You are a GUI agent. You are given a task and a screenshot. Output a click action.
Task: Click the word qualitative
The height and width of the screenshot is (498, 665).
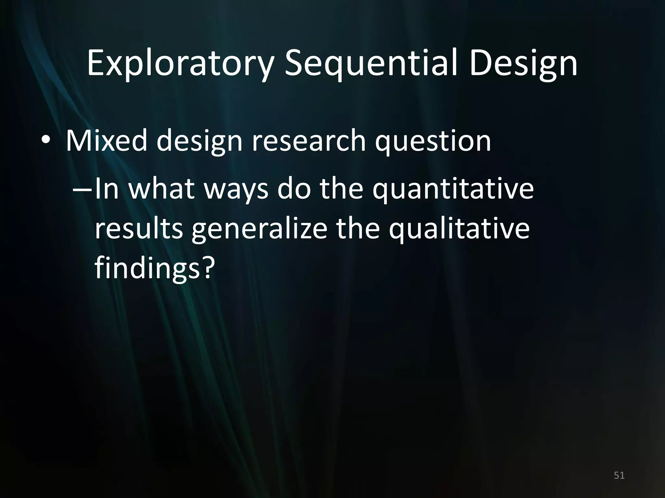click(x=459, y=229)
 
